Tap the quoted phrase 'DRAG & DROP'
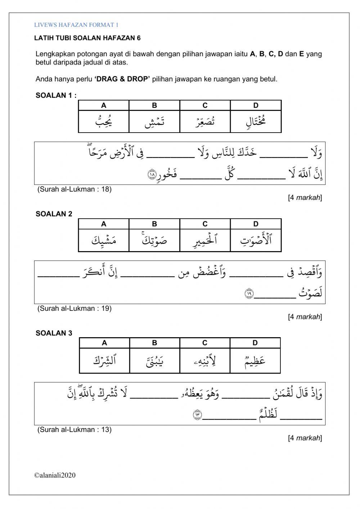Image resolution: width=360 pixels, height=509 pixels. pyautogui.click(x=122, y=79)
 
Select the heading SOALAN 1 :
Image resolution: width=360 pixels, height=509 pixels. pyautogui.click(x=56, y=95)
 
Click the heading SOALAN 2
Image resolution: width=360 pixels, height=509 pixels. pyautogui.click(x=54, y=214)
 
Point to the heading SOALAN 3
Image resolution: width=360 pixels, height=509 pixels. pyautogui.click(x=54, y=333)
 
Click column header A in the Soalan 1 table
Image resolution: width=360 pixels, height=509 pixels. pyautogui.click(x=104, y=106)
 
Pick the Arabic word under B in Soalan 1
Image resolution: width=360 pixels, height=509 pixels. pyautogui.click(x=154, y=122)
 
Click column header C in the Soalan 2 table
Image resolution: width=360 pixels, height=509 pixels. pyautogui.click(x=205, y=224)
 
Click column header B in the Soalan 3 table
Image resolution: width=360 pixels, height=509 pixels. pyautogui.click(x=154, y=343)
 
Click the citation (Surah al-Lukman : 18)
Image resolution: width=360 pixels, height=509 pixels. pyautogui.click(x=75, y=189)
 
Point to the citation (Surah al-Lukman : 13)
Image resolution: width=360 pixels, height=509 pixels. pyautogui.click(x=75, y=429)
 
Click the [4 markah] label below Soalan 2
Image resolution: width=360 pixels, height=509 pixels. pyautogui.click(x=305, y=317)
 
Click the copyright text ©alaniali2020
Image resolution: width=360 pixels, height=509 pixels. pyautogui.click(x=55, y=475)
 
